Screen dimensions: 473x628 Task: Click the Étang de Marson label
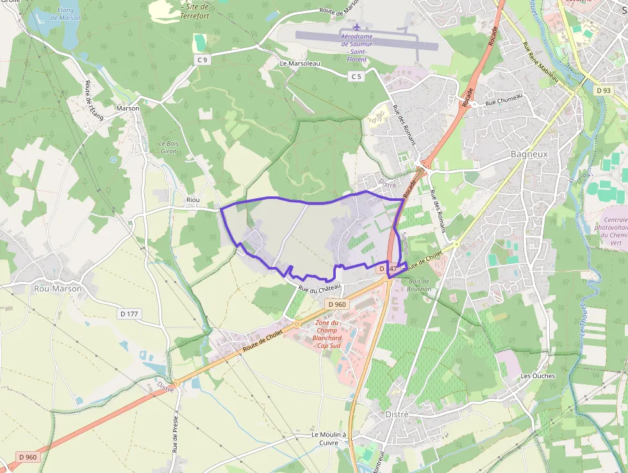pos(65,13)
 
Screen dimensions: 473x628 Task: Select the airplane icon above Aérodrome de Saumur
pos(357,26)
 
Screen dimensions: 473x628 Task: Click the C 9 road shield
pos(202,60)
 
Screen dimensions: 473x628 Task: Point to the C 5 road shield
pos(356,76)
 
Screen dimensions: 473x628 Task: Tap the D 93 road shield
pos(602,90)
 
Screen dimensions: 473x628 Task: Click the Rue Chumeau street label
pos(504,99)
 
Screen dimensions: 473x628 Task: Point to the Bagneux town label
pos(529,155)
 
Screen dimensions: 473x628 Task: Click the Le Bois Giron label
pos(168,147)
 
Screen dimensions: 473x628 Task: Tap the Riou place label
pos(193,200)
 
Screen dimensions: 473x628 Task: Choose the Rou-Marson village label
pos(58,289)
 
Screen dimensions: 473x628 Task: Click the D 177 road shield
pos(130,314)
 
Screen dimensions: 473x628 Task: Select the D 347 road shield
pos(389,268)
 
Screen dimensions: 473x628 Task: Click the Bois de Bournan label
pos(420,285)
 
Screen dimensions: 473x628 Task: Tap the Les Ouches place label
pos(538,375)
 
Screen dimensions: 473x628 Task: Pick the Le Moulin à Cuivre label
pos(329,438)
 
